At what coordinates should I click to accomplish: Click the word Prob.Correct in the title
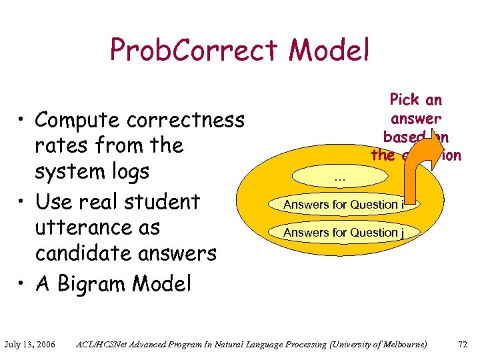tap(193, 50)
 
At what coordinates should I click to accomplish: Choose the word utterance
tap(97, 227)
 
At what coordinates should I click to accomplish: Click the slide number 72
tap(463, 345)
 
